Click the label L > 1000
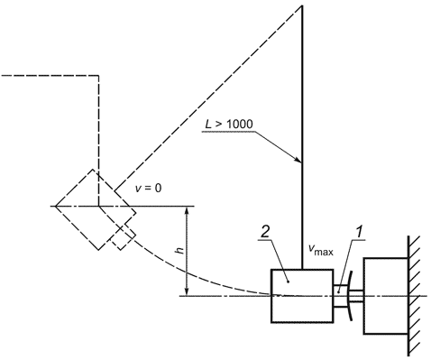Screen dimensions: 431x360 pyautogui.click(x=229, y=124)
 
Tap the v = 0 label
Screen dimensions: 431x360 pyautogui.click(x=149, y=189)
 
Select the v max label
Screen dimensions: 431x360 pyautogui.click(x=321, y=249)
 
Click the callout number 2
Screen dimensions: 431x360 pyautogui.click(x=264, y=233)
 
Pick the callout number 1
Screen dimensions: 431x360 pyautogui.click(x=358, y=233)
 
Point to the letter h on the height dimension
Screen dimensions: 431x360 pyautogui.click(x=180, y=250)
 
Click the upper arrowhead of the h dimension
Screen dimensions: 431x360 pyautogui.click(x=187, y=210)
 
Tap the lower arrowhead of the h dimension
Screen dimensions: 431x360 pyautogui.click(x=187, y=292)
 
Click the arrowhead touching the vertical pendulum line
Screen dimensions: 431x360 pyautogui.click(x=298, y=160)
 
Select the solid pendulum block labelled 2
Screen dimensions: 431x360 pyautogui.click(x=302, y=296)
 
